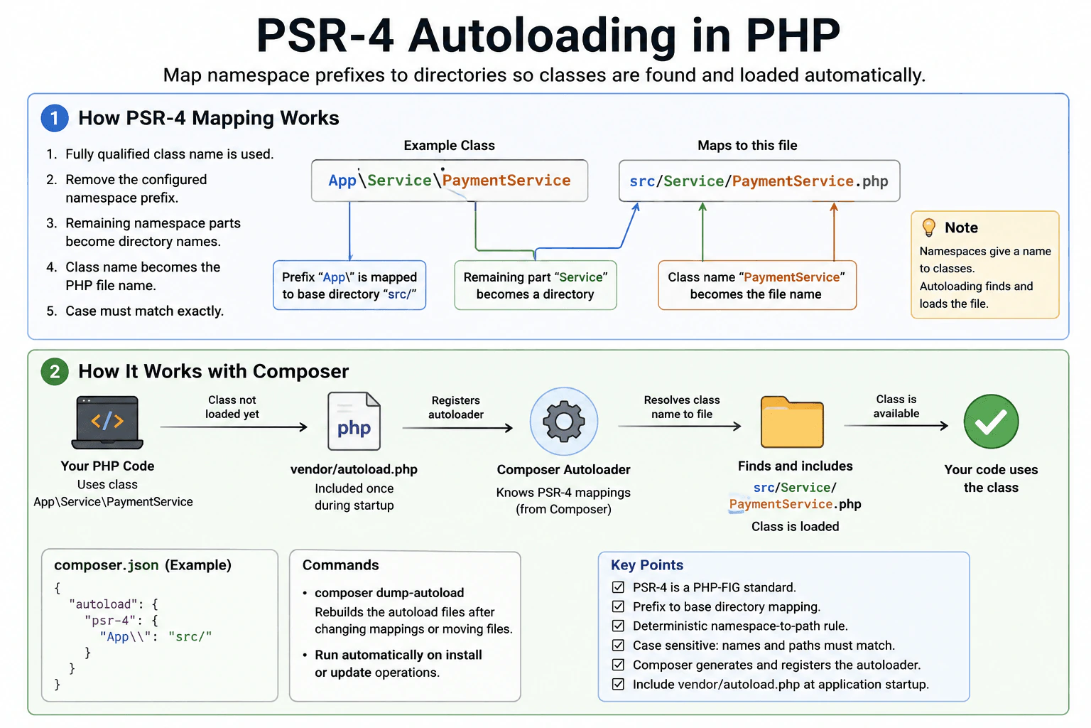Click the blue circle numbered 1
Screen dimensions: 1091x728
[x=55, y=118]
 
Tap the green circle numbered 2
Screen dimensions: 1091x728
[x=55, y=372]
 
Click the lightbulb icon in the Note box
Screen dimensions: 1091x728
[x=929, y=227]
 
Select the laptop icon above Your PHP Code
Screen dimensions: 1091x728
[x=107, y=422]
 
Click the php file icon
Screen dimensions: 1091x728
[x=354, y=422]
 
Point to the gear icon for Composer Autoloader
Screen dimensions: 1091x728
[x=563, y=422]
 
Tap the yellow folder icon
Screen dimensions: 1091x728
[x=792, y=422]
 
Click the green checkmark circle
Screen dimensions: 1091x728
[x=991, y=422]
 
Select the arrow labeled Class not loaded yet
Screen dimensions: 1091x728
[x=234, y=427]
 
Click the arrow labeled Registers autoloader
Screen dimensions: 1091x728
[x=458, y=428]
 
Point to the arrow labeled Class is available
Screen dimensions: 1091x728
[x=896, y=426]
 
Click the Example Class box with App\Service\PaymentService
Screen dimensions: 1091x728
[x=450, y=181]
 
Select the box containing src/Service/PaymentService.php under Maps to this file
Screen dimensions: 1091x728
[x=759, y=181]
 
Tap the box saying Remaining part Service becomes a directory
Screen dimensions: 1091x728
[x=536, y=285]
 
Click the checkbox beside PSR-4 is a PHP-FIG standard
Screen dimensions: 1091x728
[x=618, y=587]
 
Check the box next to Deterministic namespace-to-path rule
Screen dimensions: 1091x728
[x=618, y=626]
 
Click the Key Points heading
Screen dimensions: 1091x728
[x=647, y=564]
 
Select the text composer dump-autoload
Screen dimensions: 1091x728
[x=389, y=592]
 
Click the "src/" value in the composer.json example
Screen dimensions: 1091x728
[x=190, y=636]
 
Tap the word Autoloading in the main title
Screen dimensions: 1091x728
[x=543, y=35]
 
